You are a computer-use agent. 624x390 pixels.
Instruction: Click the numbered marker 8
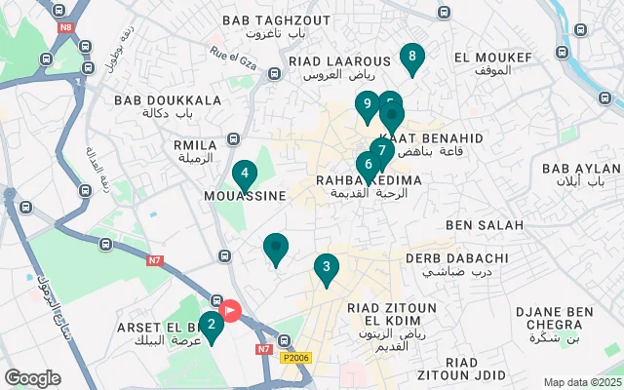pos(412,58)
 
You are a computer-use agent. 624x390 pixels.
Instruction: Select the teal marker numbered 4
pos(245,175)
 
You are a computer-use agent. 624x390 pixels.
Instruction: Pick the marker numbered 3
pos(327,266)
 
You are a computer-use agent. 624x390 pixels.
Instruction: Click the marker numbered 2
pos(212,325)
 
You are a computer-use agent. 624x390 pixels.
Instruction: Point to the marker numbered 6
pos(368,164)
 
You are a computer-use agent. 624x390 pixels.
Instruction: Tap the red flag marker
pos(231,311)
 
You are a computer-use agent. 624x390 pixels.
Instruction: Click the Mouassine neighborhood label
pos(245,196)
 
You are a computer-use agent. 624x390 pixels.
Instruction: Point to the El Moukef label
pos(494,63)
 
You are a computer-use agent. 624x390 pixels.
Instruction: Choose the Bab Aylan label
pos(574,175)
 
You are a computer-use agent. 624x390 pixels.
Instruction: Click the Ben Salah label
pos(485,225)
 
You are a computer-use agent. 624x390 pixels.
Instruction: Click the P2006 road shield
pos(297,359)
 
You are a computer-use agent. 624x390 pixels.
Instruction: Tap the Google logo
pos(32,377)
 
